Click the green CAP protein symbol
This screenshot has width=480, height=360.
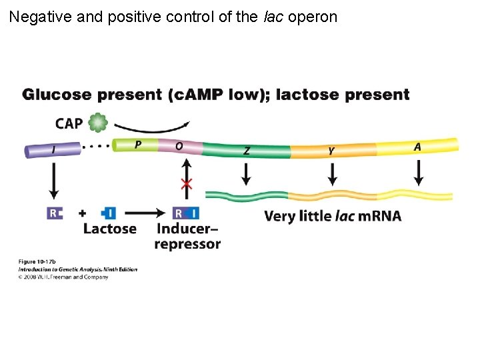(98, 123)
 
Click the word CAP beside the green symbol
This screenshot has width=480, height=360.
(69, 123)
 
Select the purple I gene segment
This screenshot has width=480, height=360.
(53, 150)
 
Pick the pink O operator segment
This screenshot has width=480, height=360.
(178, 146)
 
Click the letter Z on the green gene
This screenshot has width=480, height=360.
(247, 151)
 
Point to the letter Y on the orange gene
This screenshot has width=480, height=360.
(331, 151)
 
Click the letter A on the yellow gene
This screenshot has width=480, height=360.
(417, 146)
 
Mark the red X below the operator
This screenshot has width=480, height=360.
(187, 185)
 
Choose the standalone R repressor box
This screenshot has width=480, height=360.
(54, 213)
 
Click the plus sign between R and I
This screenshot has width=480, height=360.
(82, 213)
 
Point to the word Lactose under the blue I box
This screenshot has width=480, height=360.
(109, 229)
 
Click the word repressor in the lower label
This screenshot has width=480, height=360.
(187, 244)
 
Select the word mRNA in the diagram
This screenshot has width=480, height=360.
(379, 216)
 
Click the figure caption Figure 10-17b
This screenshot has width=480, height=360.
(37, 261)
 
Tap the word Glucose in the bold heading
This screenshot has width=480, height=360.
(59, 95)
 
